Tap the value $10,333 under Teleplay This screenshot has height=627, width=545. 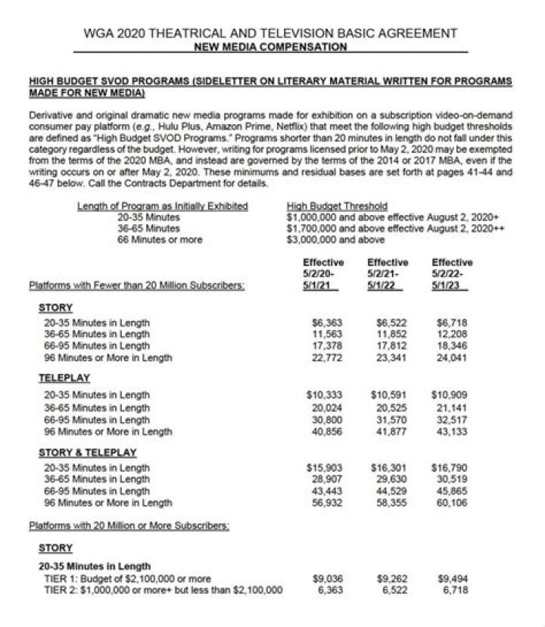tap(319, 395)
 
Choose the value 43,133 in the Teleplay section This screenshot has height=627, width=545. tap(453, 431)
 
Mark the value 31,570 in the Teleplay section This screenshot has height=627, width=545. tap(387, 419)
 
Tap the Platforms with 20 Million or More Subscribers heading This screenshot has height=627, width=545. tap(129, 525)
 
